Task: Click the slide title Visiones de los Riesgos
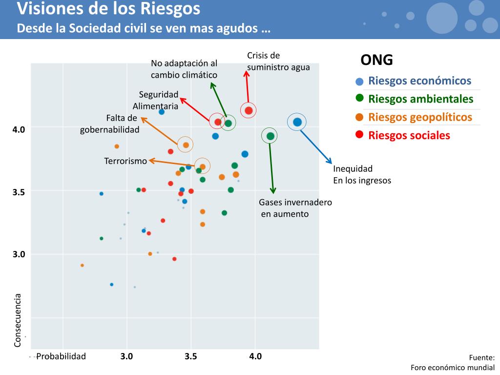coord(108,9)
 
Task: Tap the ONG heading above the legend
coord(376,60)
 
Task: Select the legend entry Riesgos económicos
coord(419,81)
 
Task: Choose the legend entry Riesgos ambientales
coord(420,99)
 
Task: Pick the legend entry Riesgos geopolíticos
coord(420,117)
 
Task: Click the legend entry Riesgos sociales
coord(409,135)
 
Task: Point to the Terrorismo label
coord(125,161)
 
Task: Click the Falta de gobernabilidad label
coord(110,124)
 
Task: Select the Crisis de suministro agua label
coord(278,62)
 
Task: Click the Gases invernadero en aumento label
coord(295,208)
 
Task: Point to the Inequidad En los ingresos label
coord(362,174)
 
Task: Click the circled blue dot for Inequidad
coord(297,122)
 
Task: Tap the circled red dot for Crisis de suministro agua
coord(249,110)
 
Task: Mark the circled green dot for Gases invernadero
coord(270,136)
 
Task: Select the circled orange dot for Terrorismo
coord(202,167)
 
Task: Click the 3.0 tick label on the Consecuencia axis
coord(19,254)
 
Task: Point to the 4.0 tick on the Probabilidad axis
coord(255,356)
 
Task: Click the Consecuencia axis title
coord(18,320)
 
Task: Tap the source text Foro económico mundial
coord(453,368)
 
